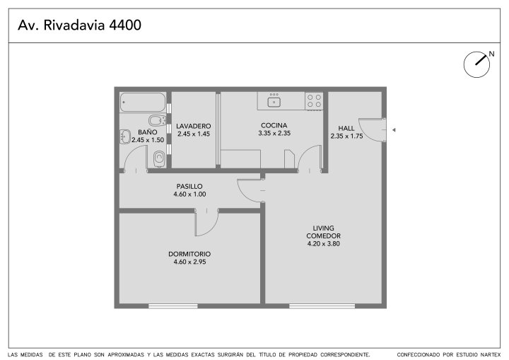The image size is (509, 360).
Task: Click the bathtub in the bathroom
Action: click(x=143, y=102)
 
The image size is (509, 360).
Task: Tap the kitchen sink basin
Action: click(x=274, y=102)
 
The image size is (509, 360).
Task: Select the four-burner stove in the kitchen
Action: click(x=314, y=101)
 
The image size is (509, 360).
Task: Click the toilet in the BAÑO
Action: click(x=159, y=158)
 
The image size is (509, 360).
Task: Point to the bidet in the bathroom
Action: click(x=158, y=120)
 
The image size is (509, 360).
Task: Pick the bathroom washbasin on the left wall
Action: click(x=125, y=137)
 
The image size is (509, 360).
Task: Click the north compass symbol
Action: click(x=477, y=64)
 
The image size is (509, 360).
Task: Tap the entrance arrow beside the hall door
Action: click(x=394, y=130)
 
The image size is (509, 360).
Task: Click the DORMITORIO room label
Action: click(x=189, y=254)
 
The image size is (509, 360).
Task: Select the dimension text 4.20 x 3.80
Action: click(x=324, y=244)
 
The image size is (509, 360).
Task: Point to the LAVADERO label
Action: click(x=194, y=126)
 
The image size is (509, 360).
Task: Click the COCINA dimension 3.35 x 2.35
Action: click(x=274, y=133)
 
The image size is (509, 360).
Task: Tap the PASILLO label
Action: click(x=189, y=187)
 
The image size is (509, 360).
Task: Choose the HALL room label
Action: click(x=346, y=128)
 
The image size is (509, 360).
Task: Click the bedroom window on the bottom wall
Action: click(x=173, y=306)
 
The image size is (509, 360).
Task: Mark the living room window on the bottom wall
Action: click(x=322, y=306)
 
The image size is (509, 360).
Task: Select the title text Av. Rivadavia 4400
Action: click(x=79, y=25)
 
